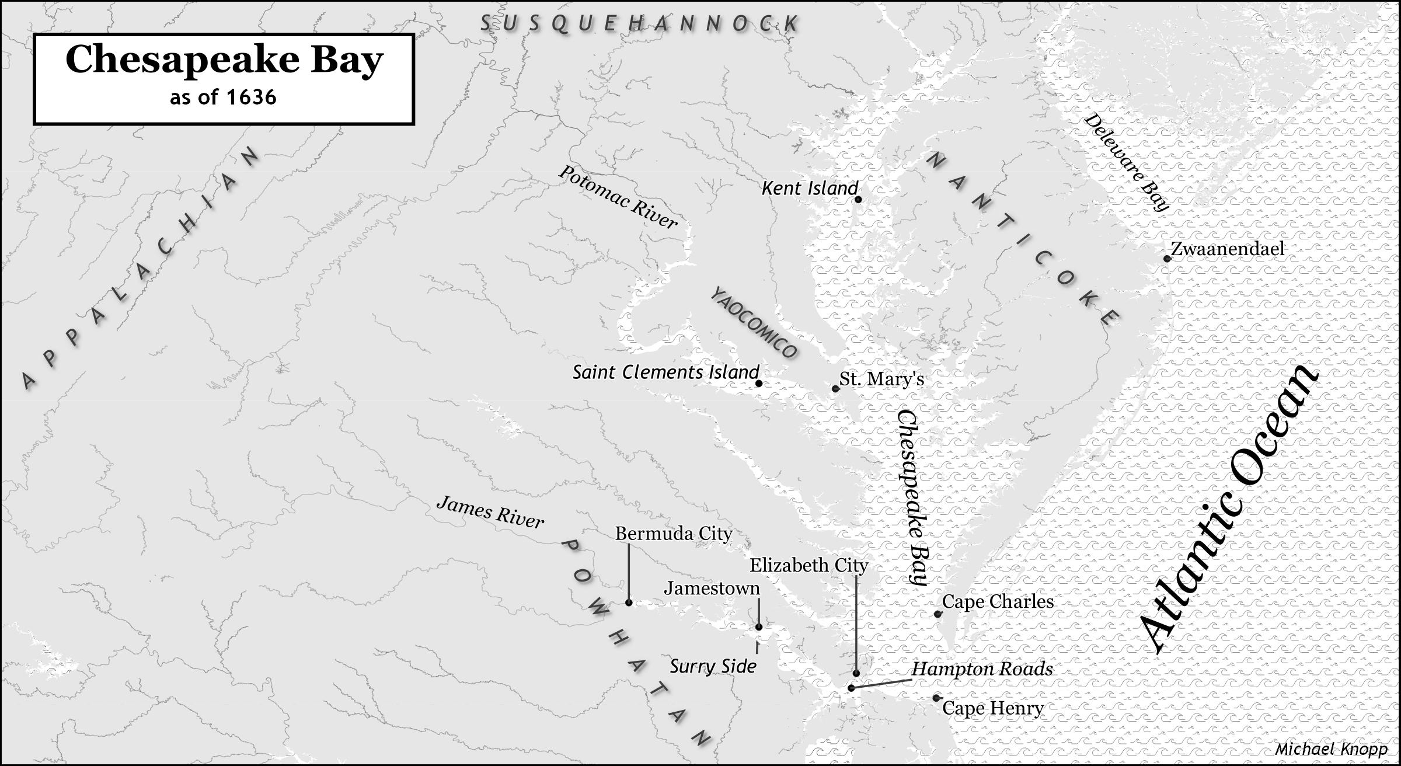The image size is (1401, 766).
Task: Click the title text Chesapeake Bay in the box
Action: pyautogui.click(x=224, y=60)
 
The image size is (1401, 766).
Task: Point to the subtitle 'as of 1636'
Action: pyautogui.click(x=223, y=97)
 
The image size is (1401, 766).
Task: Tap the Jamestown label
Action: pyautogui.click(x=712, y=588)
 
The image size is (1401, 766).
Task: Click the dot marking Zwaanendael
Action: pyautogui.click(x=1166, y=259)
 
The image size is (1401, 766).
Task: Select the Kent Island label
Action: pyautogui.click(x=810, y=188)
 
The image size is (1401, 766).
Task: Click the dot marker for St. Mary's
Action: pyautogui.click(x=835, y=388)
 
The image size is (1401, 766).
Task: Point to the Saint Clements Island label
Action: pyautogui.click(x=665, y=372)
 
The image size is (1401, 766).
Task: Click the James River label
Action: pyautogui.click(x=490, y=512)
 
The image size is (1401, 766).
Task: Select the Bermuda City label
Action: pyautogui.click(x=673, y=534)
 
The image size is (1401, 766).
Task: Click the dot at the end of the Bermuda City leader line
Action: pyautogui.click(x=629, y=603)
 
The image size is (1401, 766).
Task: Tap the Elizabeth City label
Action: pyautogui.click(x=808, y=565)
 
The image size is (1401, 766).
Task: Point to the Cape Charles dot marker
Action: pyautogui.click(x=938, y=614)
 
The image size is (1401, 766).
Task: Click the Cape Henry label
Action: pyautogui.click(x=992, y=709)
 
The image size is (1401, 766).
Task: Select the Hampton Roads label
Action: pyautogui.click(x=982, y=669)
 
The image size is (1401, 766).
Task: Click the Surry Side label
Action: pyautogui.click(x=713, y=666)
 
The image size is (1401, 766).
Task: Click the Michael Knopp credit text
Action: pyautogui.click(x=1330, y=750)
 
